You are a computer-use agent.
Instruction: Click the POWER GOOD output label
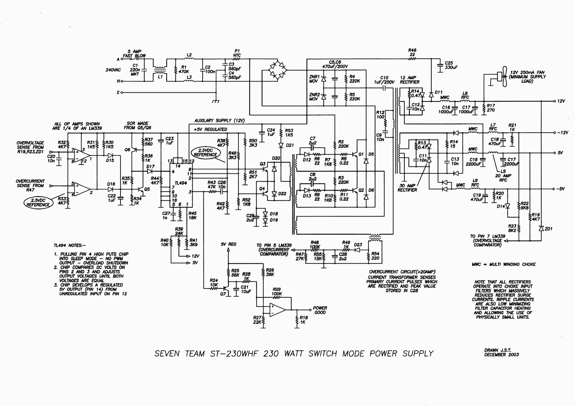[x=320, y=310]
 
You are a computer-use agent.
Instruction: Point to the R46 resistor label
[x=412, y=50]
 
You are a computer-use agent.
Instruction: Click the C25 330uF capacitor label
[x=451, y=65]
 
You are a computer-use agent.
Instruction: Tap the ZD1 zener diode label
[x=548, y=229]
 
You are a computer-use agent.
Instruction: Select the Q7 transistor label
[x=223, y=294]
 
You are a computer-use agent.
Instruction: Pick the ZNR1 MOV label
[x=314, y=79]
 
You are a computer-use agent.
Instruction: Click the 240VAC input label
[x=113, y=70]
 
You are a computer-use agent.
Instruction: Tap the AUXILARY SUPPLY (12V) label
[x=219, y=120]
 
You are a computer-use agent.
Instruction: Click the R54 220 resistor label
[x=375, y=256]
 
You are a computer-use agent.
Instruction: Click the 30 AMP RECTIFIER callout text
[x=407, y=188]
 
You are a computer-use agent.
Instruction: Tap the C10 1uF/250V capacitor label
[x=384, y=80]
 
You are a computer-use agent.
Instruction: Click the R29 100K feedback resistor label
[x=277, y=291]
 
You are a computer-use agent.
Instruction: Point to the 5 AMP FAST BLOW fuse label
[x=134, y=53]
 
